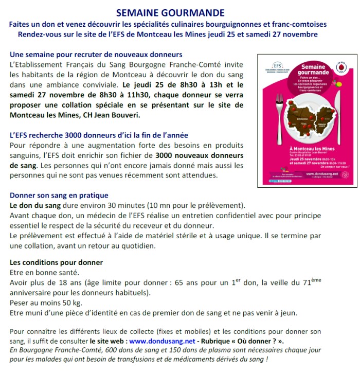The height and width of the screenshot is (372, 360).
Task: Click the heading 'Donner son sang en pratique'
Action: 59,195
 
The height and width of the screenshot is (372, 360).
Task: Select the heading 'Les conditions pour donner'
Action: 56,262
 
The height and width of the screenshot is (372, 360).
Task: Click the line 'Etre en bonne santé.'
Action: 43,272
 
